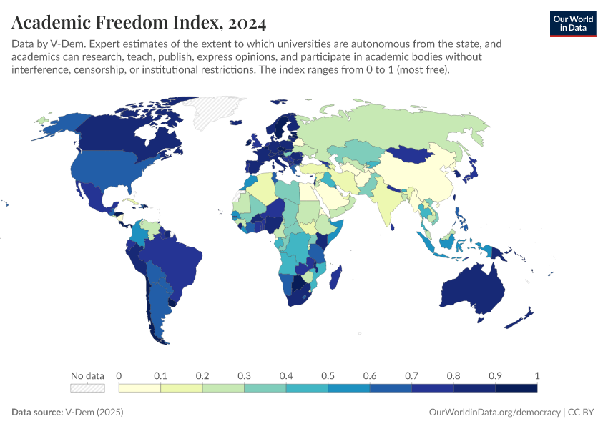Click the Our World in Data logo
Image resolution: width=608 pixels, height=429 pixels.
572,24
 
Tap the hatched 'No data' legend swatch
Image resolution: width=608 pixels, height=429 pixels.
87,388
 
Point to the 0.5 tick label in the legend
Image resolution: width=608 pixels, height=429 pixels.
327,375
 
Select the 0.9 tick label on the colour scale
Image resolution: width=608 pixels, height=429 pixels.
494,375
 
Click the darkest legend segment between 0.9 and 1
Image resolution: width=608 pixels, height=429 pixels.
516,388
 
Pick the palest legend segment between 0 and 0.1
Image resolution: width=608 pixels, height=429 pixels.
139,388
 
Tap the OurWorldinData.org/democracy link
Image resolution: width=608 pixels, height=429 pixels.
494,413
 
